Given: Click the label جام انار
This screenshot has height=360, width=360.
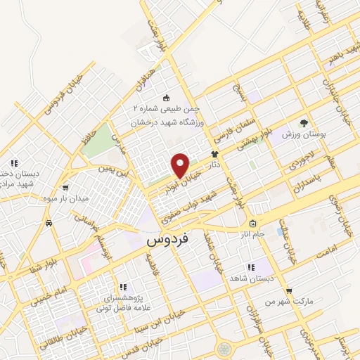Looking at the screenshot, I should (x=250, y=233).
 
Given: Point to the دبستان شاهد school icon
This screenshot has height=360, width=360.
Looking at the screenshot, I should (x=251, y=267).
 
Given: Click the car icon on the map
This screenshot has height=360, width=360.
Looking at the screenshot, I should (x=48, y=223).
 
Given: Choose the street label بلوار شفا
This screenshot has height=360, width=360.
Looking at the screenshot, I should (x=27, y=266).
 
